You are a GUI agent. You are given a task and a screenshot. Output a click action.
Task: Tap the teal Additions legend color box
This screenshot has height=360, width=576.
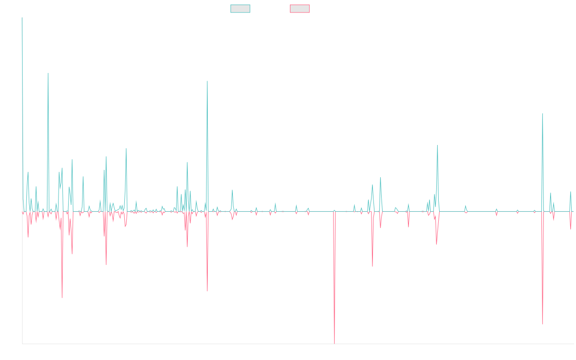tap(240, 9)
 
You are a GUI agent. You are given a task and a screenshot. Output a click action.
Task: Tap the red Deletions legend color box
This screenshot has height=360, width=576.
tap(300, 9)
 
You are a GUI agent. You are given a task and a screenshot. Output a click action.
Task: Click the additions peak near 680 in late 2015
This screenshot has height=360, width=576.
tap(48, 73)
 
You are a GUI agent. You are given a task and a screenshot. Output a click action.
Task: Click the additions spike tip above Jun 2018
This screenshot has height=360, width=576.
tap(207, 81)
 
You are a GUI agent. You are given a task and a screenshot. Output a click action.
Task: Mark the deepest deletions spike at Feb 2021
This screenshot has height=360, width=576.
tap(334, 343)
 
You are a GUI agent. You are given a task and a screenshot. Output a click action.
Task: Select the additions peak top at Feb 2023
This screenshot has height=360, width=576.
tap(437, 145)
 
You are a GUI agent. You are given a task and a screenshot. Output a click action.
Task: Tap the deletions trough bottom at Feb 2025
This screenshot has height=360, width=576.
tap(542, 324)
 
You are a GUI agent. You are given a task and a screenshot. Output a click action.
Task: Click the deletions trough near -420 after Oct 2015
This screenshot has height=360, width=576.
tap(62, 298)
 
